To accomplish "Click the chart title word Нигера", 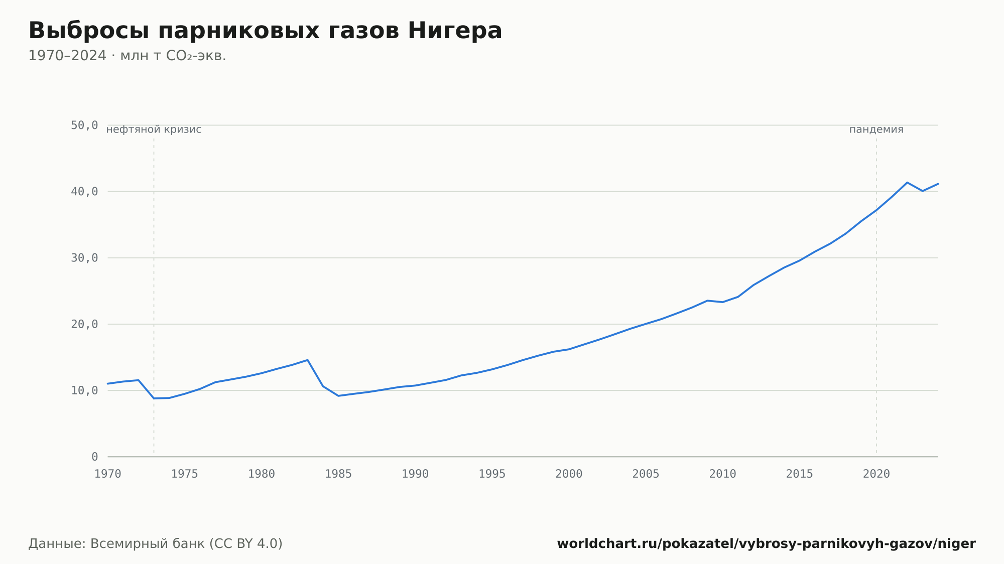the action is pos(455,31).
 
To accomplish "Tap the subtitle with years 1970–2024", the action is pos(127,56).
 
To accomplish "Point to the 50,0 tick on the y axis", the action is pos(84,125).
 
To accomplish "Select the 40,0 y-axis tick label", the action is pos(84,192).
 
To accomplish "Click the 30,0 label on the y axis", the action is pos(84,258).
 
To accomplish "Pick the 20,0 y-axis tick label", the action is pos(84,324).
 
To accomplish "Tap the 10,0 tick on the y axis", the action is pos(84,390).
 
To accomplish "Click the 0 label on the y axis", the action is pos(95,457).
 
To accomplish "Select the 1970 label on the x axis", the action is pos(108,474).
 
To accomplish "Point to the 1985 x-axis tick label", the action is pos(338,474).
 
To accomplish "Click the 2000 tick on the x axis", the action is pos(569,474).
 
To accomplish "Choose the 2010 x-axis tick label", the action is pos(722,474).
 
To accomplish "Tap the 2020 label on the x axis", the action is pos(876,474).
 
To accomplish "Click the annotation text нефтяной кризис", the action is pos(154,129).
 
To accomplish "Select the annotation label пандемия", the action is pos(876,129).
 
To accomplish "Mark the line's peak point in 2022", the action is pos(907,182).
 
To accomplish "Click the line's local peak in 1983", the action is pos(307,360).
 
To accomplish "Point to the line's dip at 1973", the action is pos(154,398).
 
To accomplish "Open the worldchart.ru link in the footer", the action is pos(766,544).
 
